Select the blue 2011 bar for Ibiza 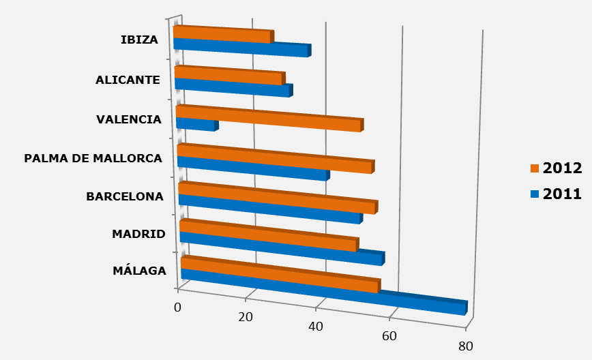242,48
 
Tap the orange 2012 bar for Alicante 229,76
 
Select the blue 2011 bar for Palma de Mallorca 252,168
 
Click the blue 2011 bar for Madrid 282,248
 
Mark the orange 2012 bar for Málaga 280,275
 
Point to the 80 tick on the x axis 466,346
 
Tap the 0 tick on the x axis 178,307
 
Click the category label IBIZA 139,40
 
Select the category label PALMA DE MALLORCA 93,159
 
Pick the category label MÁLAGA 139,270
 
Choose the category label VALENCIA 129,120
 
